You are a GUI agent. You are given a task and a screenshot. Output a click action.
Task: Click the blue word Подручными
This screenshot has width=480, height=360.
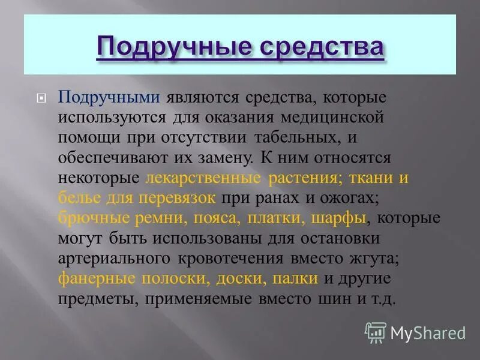(109, 98)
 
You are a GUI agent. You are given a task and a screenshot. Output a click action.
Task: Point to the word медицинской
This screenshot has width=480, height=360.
(337, 118)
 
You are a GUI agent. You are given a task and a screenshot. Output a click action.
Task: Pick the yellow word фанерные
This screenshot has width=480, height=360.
(95, 278)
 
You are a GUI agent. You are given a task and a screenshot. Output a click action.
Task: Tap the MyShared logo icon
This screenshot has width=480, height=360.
(376, 332)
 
